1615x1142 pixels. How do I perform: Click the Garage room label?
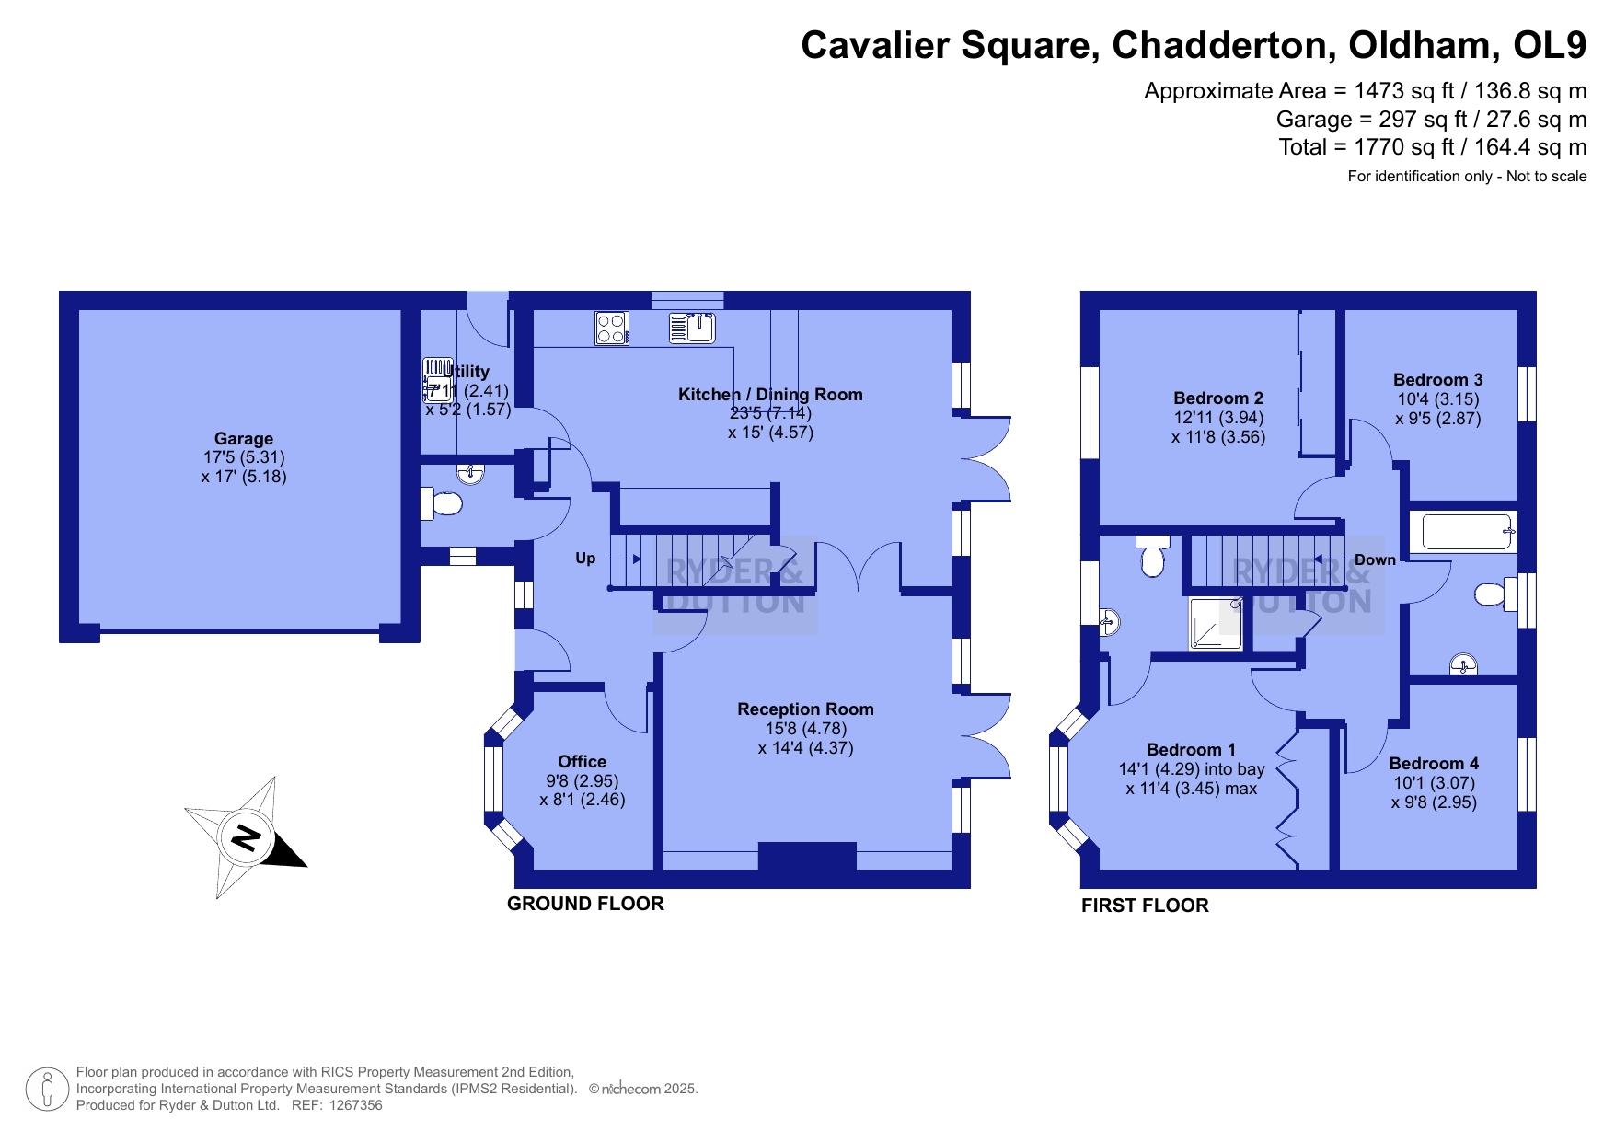point(244,439)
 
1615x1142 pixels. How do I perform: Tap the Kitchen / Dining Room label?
point(770,395)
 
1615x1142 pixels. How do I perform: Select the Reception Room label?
point(805,709)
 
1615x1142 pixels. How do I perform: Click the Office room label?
point(582,762)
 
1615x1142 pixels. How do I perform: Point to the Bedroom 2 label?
point(1218,398)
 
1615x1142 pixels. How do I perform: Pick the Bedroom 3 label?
point(1437,380)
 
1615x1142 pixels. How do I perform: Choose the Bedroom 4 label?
point(1434,764)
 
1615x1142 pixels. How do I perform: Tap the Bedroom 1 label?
point(1191,750)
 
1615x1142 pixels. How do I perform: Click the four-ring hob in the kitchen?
point(612,329)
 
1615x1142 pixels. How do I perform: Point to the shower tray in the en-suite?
point(1216,623)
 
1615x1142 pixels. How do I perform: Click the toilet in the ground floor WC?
point(441,503)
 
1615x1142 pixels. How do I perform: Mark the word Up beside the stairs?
point(585,559)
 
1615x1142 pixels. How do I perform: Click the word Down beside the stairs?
point(1375,559)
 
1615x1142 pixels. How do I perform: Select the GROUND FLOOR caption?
point(585,904)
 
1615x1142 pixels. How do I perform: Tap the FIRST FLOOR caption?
point(1145,906)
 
